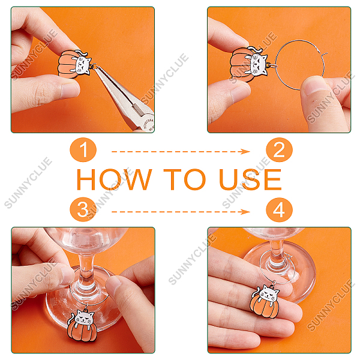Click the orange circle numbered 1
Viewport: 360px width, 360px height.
(x=83, y=150)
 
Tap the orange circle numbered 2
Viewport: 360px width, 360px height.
(x=279, y=150)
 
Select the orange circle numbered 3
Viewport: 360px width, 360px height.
(x=83, y=209)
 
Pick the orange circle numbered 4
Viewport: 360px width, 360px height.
(x=279, y=209)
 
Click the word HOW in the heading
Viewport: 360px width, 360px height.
(x=114, y=179)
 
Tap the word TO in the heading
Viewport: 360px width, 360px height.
(x=185, y=179)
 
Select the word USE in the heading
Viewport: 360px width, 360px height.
(x=250, y=179)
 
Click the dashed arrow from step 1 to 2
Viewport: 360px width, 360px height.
(x=181, y=152)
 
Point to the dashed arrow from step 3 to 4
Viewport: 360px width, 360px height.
(x=181, y=212)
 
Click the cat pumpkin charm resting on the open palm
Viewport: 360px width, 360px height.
(x=265, y=301)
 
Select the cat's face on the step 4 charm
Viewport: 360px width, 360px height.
(x=268, y=293)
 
